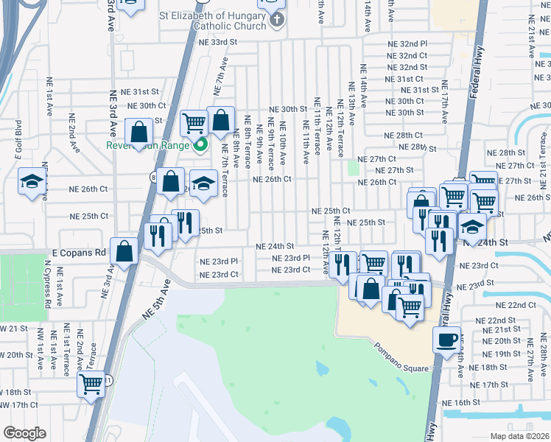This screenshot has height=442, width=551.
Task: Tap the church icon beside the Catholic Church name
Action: click(276, 18)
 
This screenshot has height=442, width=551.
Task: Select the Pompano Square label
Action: click(400, 348)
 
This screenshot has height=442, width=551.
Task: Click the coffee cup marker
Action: click(446, 340)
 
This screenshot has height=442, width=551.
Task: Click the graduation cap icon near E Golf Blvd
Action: click(32, 181)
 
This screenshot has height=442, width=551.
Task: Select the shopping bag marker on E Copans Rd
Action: click(125, 250)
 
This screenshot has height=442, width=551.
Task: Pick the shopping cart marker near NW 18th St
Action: click(91, 383)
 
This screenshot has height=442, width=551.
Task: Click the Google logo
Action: click(24, 433)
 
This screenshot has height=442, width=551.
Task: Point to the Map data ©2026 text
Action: click(519, 436)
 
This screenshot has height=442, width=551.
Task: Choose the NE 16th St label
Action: click(461, 403)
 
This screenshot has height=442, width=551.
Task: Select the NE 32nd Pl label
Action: click(407, 44)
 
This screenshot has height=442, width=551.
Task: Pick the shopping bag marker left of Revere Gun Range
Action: click(139, 133)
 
